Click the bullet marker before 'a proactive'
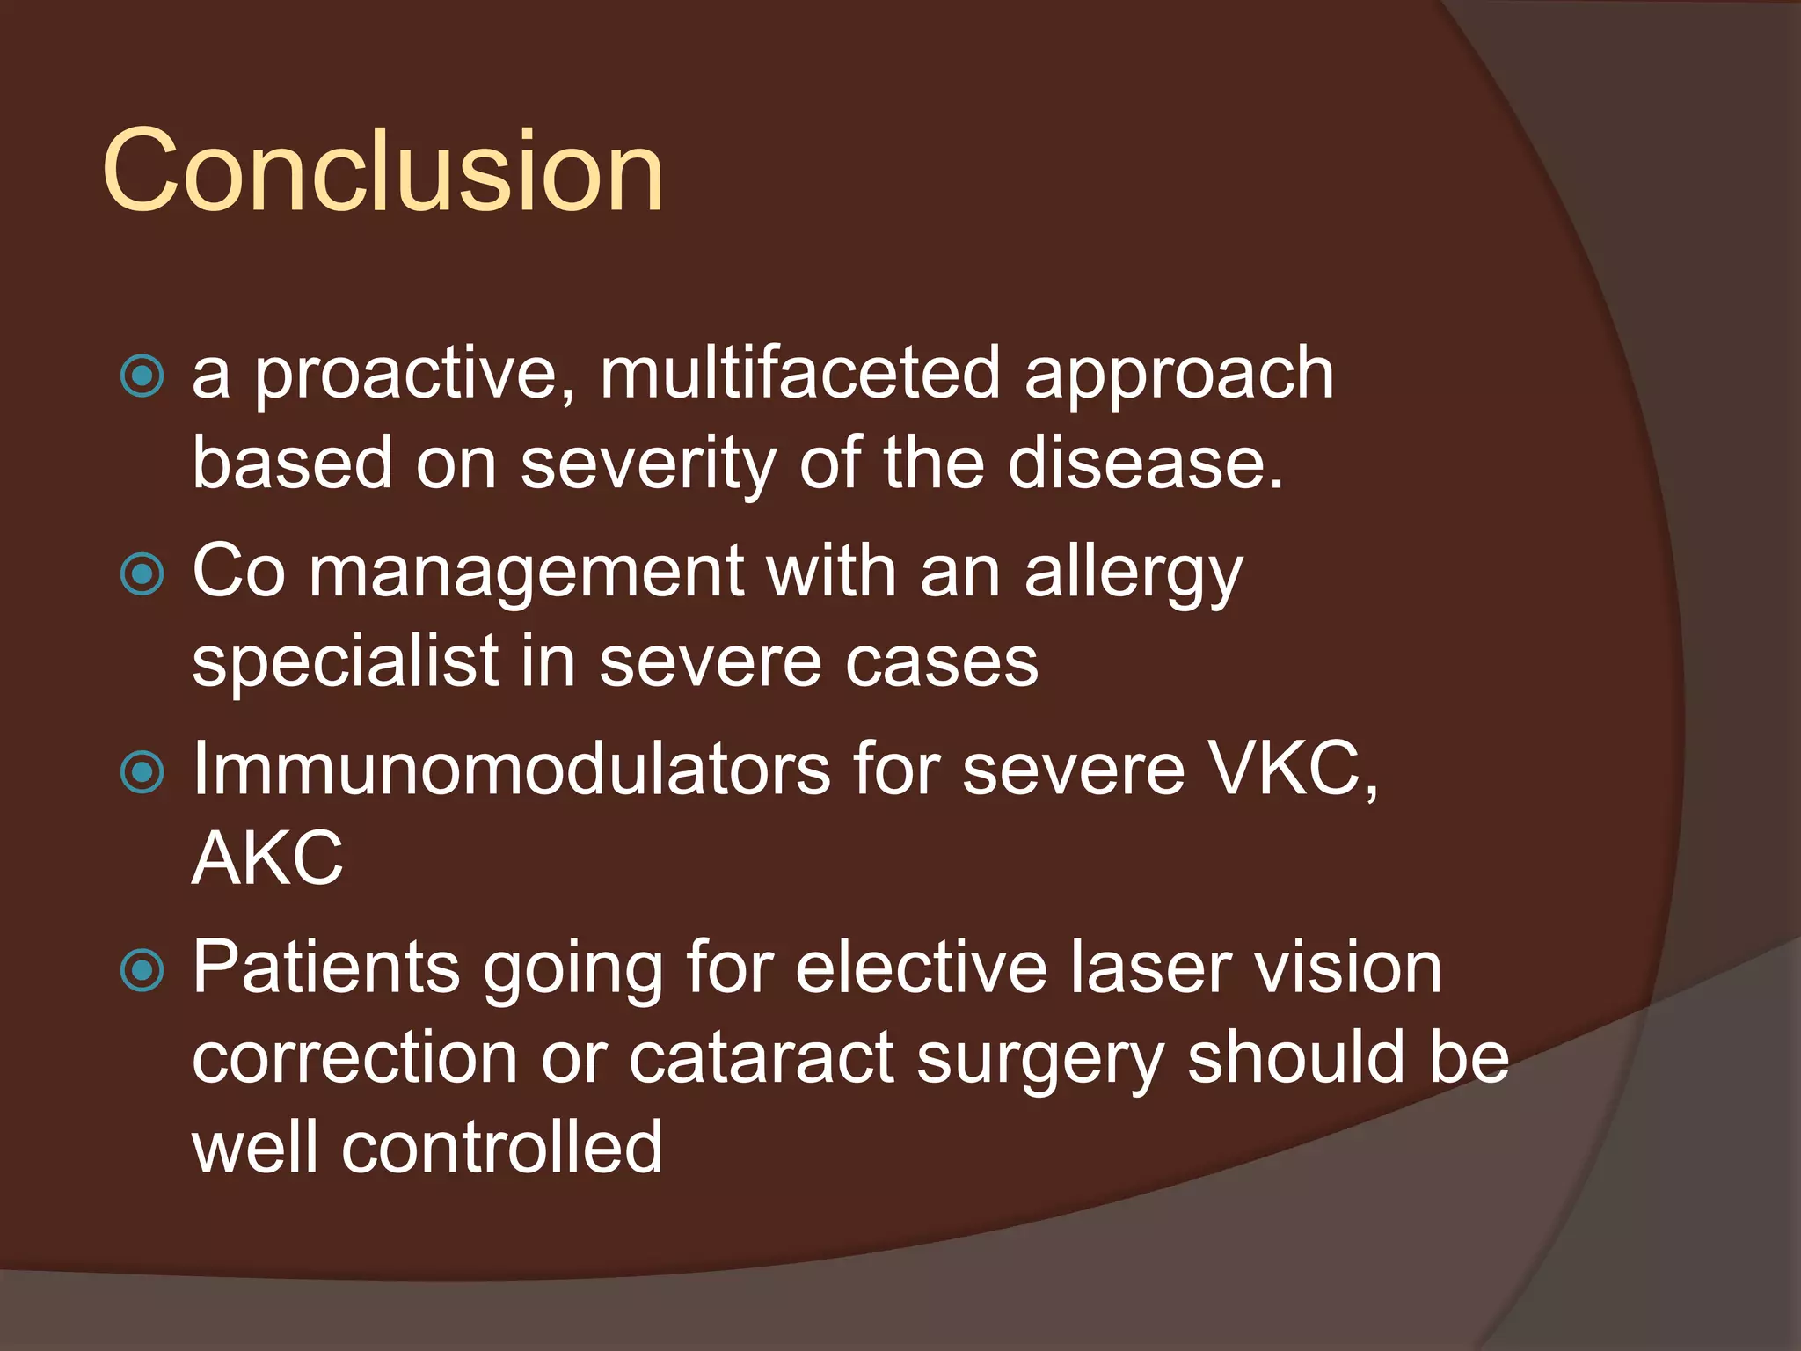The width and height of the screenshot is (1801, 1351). [142, 376]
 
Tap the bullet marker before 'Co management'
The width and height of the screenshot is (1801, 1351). [142, 575]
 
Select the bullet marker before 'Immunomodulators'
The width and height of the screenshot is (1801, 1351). [142, 773]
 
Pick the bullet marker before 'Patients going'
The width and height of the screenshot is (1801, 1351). [142, 971]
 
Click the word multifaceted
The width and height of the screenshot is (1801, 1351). [799, 374]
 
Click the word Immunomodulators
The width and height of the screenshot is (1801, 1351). [511, 770]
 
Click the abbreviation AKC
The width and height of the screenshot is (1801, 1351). [267, 858]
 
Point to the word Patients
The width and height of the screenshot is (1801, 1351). [326, 968]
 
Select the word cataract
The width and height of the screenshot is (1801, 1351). [762, 1058]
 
